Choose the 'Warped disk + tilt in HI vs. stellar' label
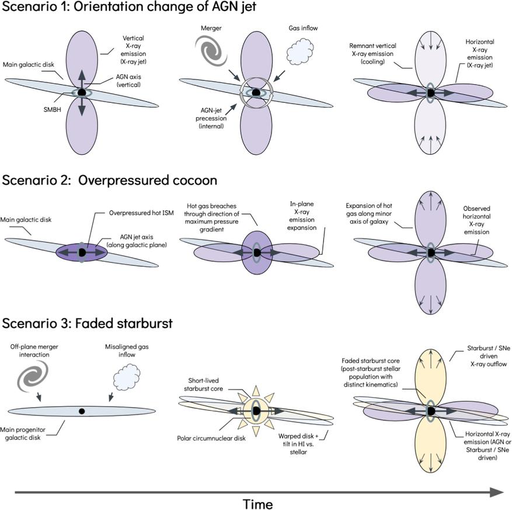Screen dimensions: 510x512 [299, 449]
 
